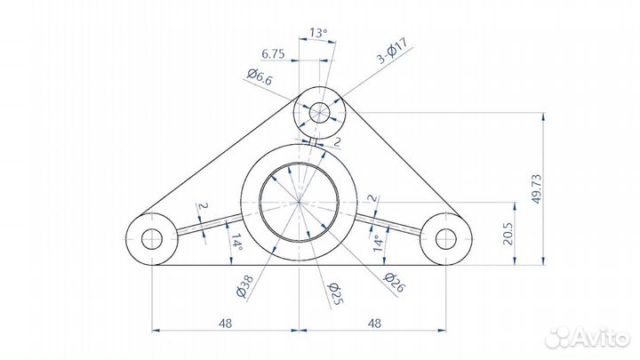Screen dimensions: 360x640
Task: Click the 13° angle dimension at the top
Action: [317, 33]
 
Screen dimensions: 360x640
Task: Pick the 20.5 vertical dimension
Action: [508, 233]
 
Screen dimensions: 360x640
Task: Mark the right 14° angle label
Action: [377, 241]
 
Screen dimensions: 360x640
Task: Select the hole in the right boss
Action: [444, 238]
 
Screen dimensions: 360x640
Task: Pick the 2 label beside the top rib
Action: [337, 141]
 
